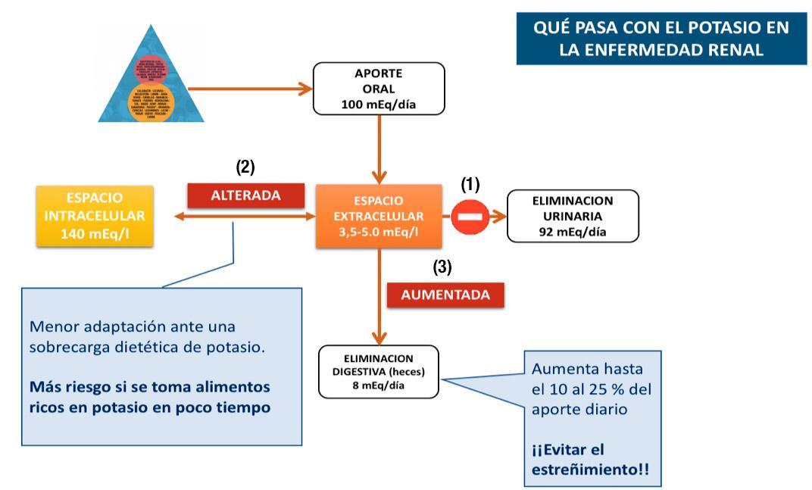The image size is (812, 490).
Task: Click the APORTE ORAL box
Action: pyautogui.click(x=379, y=89)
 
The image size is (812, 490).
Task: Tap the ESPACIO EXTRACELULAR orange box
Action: pyautogui.click(x=379, y=216)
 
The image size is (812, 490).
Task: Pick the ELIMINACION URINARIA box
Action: pyautogui.click(x=573, y=216)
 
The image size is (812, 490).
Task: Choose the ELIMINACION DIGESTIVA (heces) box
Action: pyautogui.click(x=379, y=371)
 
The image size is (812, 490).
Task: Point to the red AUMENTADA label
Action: pyautogui.click(x=445, y=295)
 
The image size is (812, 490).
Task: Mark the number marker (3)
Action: pyautogui.click(x=442, y=267)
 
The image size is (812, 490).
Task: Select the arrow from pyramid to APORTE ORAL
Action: pyautogui.click(x=250, y=89)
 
